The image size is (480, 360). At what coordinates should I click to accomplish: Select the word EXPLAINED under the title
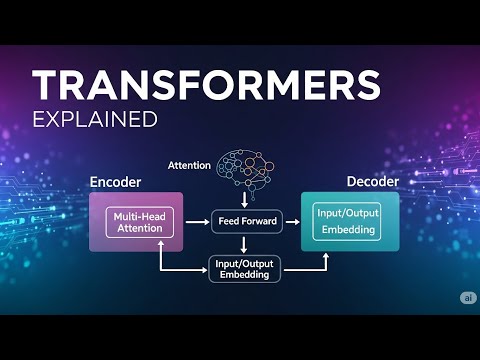click(95, 120)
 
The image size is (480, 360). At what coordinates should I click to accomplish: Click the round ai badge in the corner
click(467, 298)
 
